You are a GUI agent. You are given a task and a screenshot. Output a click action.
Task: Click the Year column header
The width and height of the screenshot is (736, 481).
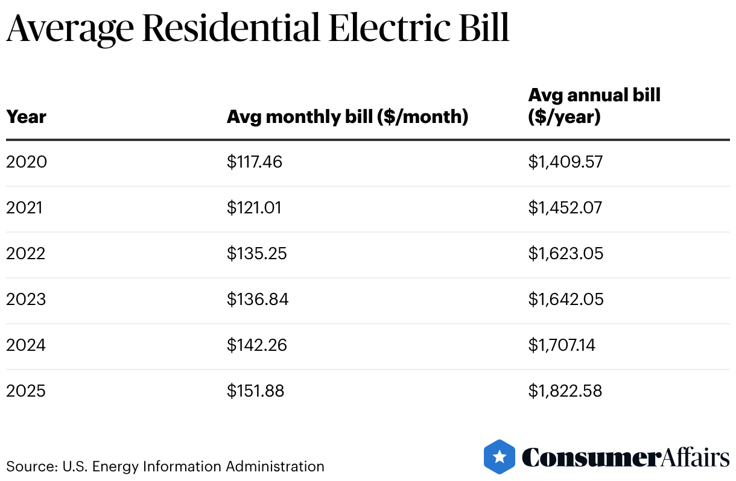26,116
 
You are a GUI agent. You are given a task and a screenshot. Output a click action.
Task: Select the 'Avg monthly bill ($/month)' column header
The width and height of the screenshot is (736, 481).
347,116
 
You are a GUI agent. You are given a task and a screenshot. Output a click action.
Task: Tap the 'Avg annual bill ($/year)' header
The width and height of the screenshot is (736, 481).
594,105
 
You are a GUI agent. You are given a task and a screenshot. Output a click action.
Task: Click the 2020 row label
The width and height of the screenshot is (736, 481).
27,162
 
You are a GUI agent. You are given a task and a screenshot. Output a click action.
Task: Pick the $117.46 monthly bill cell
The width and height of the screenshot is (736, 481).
255,162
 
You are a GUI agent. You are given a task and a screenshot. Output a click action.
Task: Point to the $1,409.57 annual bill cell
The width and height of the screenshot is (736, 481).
565,162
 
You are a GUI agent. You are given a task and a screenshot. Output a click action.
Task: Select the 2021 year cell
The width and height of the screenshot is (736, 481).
25,208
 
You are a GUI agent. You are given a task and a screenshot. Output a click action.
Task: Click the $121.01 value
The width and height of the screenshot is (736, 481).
254,208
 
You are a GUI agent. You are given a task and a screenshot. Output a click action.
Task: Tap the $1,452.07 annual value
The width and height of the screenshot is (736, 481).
565,208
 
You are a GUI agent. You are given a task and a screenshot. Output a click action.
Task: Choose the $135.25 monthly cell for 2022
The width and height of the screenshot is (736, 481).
256,254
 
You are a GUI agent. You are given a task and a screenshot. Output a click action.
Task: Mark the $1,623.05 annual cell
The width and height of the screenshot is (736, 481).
566,254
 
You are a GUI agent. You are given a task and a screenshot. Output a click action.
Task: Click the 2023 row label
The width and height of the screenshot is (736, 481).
26,300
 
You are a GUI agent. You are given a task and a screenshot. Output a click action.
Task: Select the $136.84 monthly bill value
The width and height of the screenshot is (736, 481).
258,300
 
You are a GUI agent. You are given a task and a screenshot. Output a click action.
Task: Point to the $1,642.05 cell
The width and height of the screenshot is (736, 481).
566,300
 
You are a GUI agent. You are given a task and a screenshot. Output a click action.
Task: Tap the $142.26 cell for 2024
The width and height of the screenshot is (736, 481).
256,345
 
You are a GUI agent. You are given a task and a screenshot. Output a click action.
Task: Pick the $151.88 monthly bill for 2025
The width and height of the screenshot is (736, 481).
255,391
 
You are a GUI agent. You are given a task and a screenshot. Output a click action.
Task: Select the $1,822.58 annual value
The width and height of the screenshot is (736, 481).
565,391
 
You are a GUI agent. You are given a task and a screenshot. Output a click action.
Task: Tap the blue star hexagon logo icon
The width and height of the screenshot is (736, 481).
500,457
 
